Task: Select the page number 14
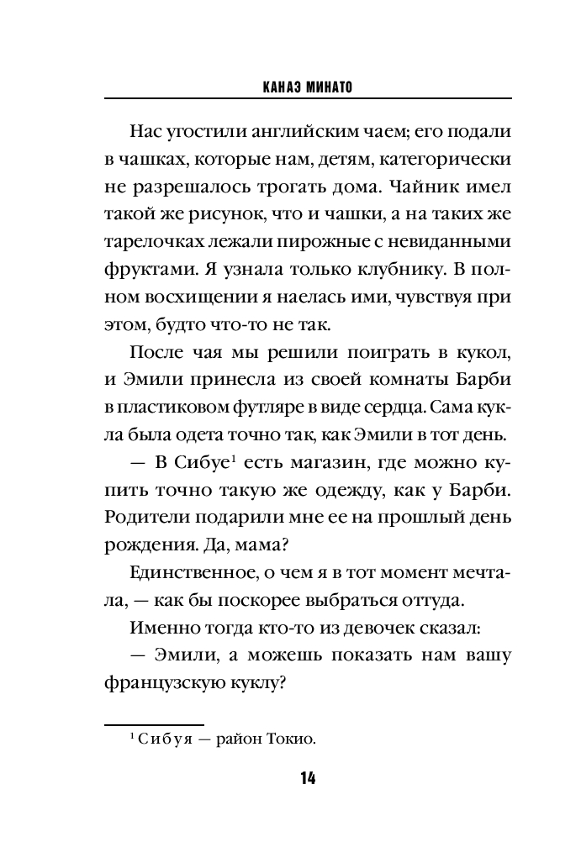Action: [x=307, y=778]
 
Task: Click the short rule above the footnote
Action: [x=154, y=724]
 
